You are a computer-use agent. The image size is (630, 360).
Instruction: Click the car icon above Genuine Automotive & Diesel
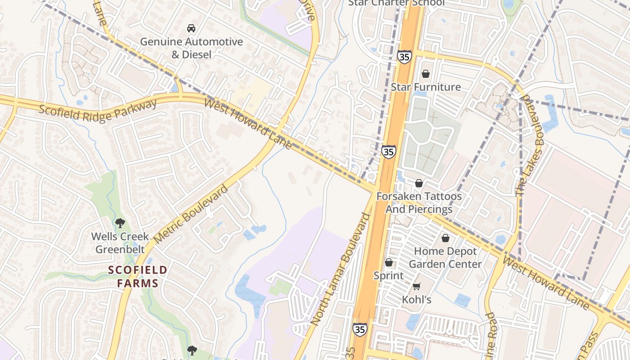(x=191, y=28)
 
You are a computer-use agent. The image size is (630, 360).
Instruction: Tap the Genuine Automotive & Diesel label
(x=191, y=48)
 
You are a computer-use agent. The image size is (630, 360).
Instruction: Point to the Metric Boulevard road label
(x=191, y=214)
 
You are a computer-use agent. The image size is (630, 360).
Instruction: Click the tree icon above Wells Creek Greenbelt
(x=120, y=223)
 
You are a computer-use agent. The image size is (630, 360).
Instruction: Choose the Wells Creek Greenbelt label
(x=120, y=243)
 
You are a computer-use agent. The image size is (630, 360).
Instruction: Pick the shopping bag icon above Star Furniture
(x=426, y=74)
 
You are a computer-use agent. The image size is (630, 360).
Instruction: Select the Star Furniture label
(x=426, y=87)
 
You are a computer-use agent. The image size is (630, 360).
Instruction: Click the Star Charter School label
(x=396, y=3)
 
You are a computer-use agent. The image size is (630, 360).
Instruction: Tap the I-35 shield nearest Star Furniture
(x=404, y=57)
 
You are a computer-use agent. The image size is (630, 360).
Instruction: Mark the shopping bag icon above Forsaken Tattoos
(x=419, y=183)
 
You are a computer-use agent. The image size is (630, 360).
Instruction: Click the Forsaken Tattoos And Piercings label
(x=419, y=203)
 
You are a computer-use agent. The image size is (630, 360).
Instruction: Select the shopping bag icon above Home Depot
(x=445, y=238)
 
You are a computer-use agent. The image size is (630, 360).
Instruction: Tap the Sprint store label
(x=389, y=275)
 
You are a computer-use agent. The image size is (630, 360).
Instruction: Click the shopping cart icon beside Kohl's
(x=417, y=287)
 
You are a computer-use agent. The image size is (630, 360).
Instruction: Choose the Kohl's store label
(x=417, y=300)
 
